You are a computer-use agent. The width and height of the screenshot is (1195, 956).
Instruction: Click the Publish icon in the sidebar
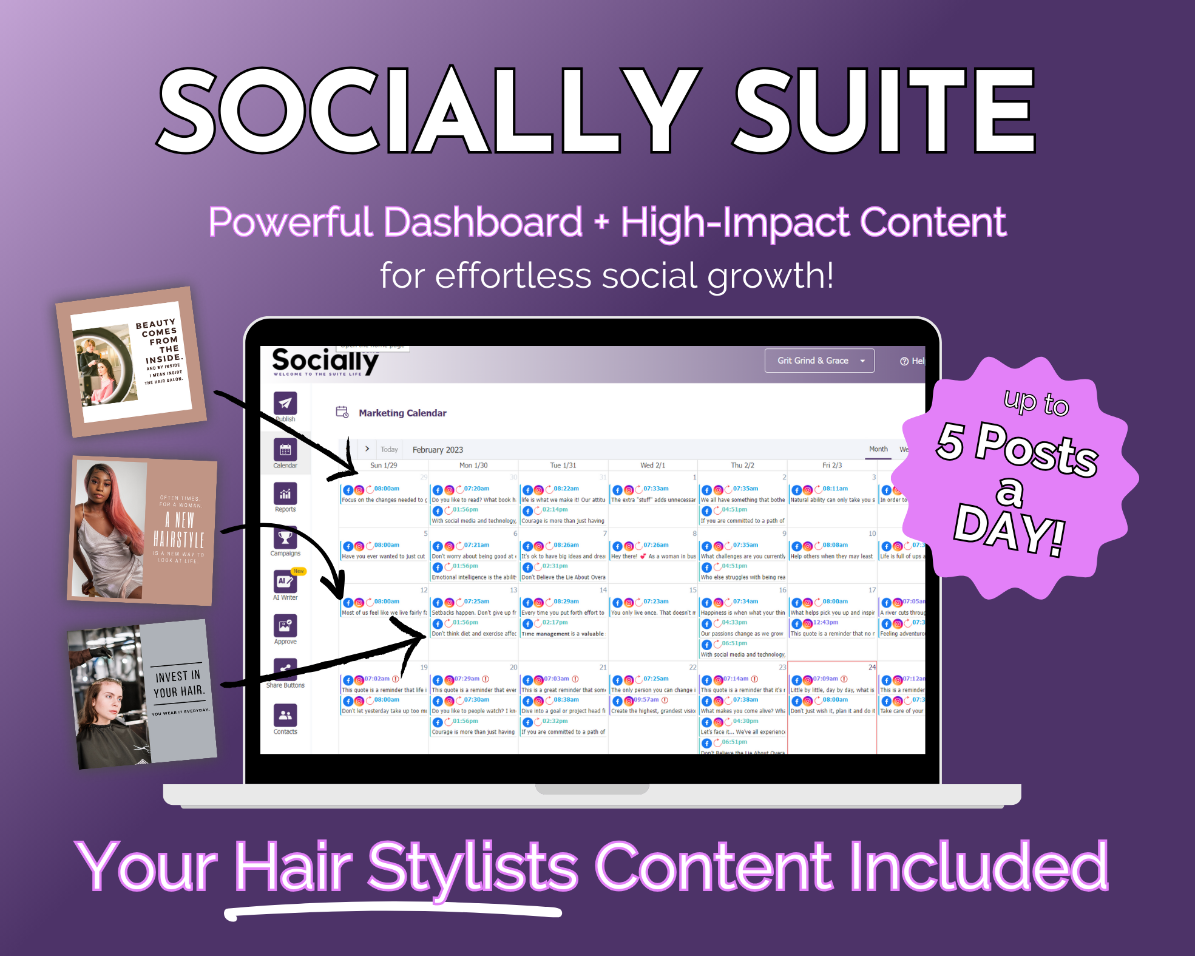285,403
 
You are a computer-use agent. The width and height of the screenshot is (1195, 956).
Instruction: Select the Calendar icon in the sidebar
285,450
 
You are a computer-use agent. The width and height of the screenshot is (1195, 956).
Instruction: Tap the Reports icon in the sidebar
285,494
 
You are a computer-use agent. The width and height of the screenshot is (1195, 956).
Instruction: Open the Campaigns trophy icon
285,538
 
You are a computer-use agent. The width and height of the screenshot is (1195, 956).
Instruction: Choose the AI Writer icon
285,581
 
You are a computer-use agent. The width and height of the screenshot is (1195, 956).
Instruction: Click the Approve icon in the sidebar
285,626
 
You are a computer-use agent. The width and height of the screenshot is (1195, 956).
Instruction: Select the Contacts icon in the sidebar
285,716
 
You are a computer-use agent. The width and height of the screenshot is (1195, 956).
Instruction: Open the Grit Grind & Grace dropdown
819,361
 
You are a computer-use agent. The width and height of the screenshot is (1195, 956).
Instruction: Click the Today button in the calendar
389,450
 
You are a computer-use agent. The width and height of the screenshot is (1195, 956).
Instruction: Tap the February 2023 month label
438,450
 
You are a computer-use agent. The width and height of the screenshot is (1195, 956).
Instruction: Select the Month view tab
878,449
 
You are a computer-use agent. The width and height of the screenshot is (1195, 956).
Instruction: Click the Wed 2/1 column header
652,466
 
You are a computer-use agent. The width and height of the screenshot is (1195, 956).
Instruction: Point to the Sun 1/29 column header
384,466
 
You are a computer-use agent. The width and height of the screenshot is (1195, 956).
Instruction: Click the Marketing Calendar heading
402,413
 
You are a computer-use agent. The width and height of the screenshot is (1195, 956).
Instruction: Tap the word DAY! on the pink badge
1009,528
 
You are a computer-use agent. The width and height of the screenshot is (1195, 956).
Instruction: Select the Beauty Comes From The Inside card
131,362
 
